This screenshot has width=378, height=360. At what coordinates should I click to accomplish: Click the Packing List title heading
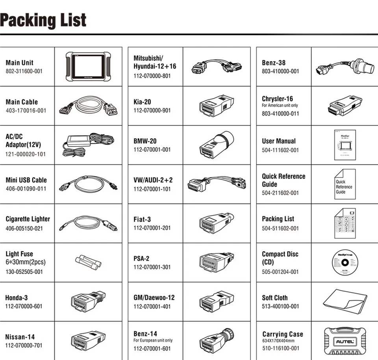tap(43, 20)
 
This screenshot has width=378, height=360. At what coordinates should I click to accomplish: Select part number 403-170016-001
tap(26, 111)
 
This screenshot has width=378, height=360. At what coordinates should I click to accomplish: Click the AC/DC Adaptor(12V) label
tap(23, 140)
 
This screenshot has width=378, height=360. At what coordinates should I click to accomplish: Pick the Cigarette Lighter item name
tap(28, 219)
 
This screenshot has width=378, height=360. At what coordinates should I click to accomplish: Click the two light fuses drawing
tap(88, 261)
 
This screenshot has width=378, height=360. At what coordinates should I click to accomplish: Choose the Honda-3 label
tap(17, 298)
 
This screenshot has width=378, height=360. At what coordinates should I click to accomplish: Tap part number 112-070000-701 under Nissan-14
tap(24, 346)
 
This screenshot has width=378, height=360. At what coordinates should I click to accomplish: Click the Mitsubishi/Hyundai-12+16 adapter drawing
tap(216, 66)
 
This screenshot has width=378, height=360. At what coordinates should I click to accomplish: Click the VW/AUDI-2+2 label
tap(153, 180)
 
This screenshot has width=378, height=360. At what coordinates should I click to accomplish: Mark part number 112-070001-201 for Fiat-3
tap(152, 228)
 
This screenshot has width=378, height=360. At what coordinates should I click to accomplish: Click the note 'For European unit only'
tap(153, 340)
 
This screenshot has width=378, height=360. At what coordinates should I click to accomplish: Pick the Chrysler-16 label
tap(278, 99)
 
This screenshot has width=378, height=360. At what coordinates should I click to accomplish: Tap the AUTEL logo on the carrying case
tap(345, 341)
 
